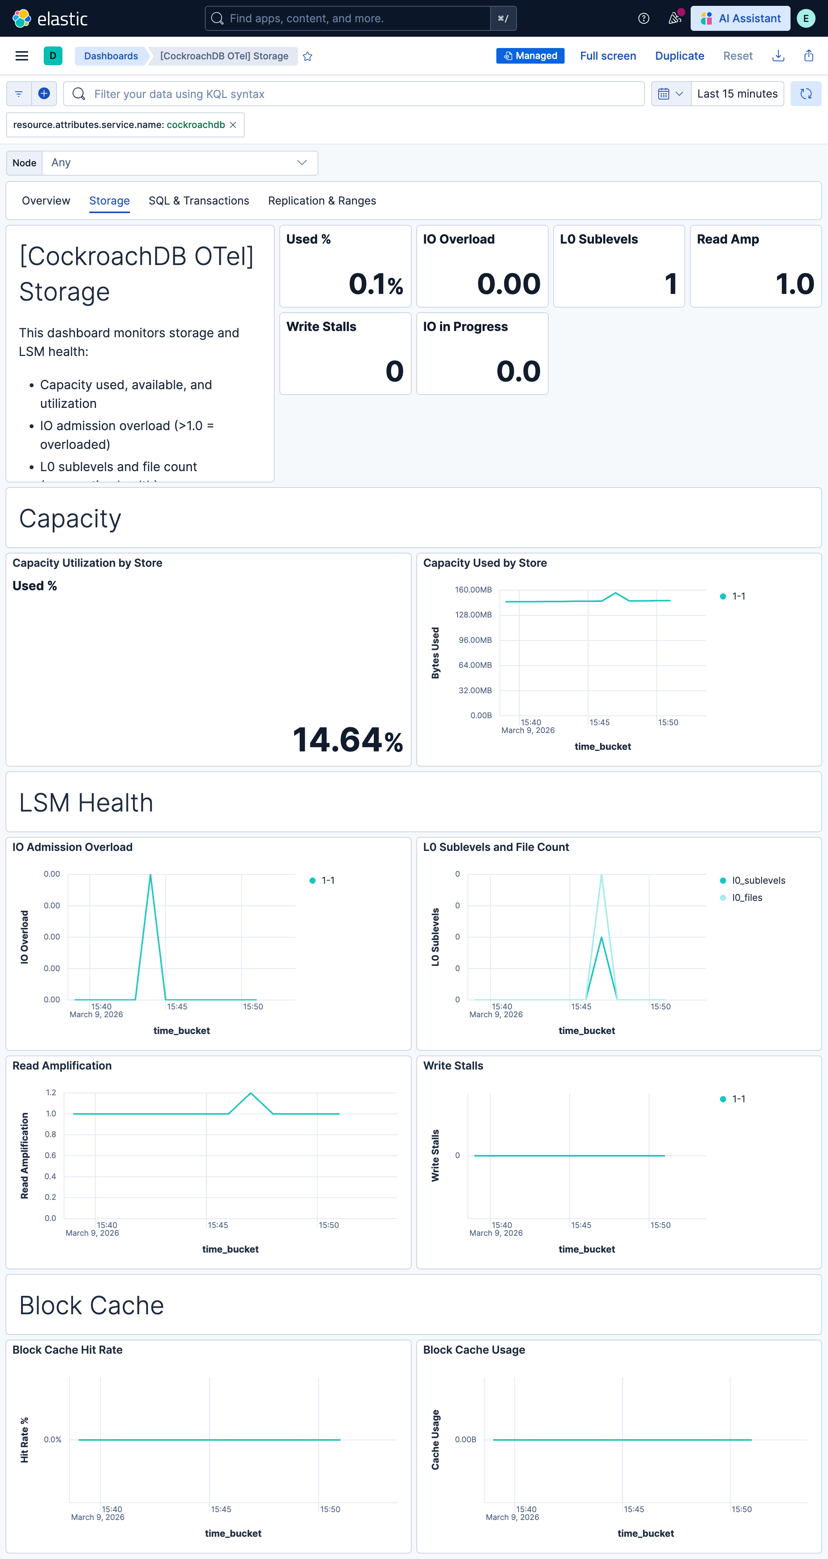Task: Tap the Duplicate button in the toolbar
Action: point(679,56)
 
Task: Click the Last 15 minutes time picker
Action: point(737,94)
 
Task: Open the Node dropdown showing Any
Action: point(179,163)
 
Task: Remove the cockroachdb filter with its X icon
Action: point(233,125)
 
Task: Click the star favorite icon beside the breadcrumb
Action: point(307,56)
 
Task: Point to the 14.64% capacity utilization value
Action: point(347,740)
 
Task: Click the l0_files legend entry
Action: point(746,897)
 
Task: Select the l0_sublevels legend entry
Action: point(758,881)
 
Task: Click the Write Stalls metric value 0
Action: point(394,371)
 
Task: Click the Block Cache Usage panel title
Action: point(474,1350)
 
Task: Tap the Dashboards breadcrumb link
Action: point(111,56)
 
